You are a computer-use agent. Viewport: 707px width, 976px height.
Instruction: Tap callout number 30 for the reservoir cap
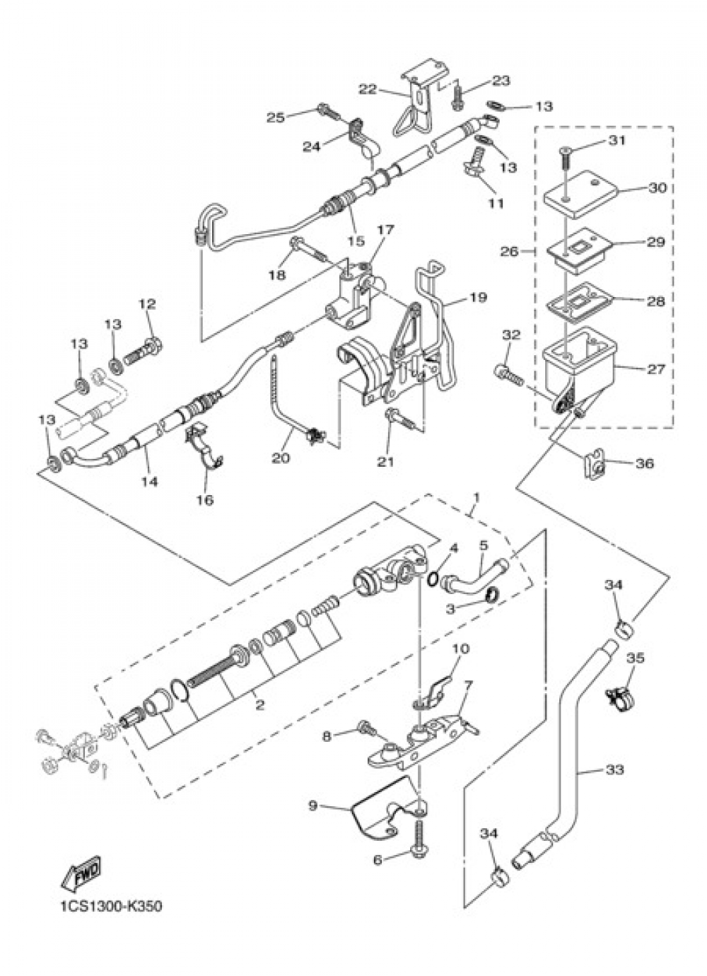(x=657, y=188)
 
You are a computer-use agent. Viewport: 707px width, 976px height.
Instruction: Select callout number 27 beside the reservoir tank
(x=655, y=369)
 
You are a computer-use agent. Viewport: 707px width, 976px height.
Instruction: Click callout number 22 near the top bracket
(x=368, y=90)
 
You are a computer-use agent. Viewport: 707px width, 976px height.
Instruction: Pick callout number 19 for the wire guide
(x=479, y=297)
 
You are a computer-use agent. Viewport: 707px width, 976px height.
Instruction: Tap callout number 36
(x=645, y=463)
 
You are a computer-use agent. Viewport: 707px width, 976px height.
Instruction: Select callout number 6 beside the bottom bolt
(x=378, y=868)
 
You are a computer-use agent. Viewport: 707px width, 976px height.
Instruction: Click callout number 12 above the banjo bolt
(x=147, y=303)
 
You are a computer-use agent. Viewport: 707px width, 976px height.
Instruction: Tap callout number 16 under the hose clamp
(x=205, y=500)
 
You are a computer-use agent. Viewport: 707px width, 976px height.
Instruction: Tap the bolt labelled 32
(x=508, y=372)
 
